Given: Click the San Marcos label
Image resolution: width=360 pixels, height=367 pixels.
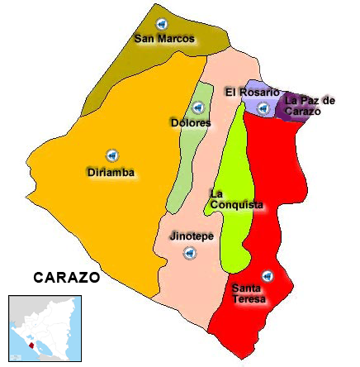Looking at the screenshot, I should (164, 39).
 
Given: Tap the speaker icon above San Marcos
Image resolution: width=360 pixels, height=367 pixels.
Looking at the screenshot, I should (161, 22).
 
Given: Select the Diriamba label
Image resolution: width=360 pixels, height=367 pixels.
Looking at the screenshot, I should (111, 173).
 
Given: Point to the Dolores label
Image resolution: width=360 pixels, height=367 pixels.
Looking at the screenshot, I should (190, 123).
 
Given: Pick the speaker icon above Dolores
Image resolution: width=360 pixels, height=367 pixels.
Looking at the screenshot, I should (198, 107).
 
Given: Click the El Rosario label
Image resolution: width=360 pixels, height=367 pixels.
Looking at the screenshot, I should (252, 93).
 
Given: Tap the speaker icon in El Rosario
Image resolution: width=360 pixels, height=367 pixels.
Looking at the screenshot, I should (263, 108).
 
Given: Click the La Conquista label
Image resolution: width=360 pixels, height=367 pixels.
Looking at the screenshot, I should (236, 199).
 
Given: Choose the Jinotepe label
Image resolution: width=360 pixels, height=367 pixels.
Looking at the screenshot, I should (192, 236).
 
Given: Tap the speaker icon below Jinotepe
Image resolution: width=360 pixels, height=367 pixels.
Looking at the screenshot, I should (190, 253).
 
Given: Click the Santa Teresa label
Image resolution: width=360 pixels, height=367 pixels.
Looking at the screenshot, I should (249, 293).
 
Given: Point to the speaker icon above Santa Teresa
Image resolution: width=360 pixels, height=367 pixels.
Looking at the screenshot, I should (267, 276).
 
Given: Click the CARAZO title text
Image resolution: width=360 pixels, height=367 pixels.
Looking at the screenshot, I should (66, 278).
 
